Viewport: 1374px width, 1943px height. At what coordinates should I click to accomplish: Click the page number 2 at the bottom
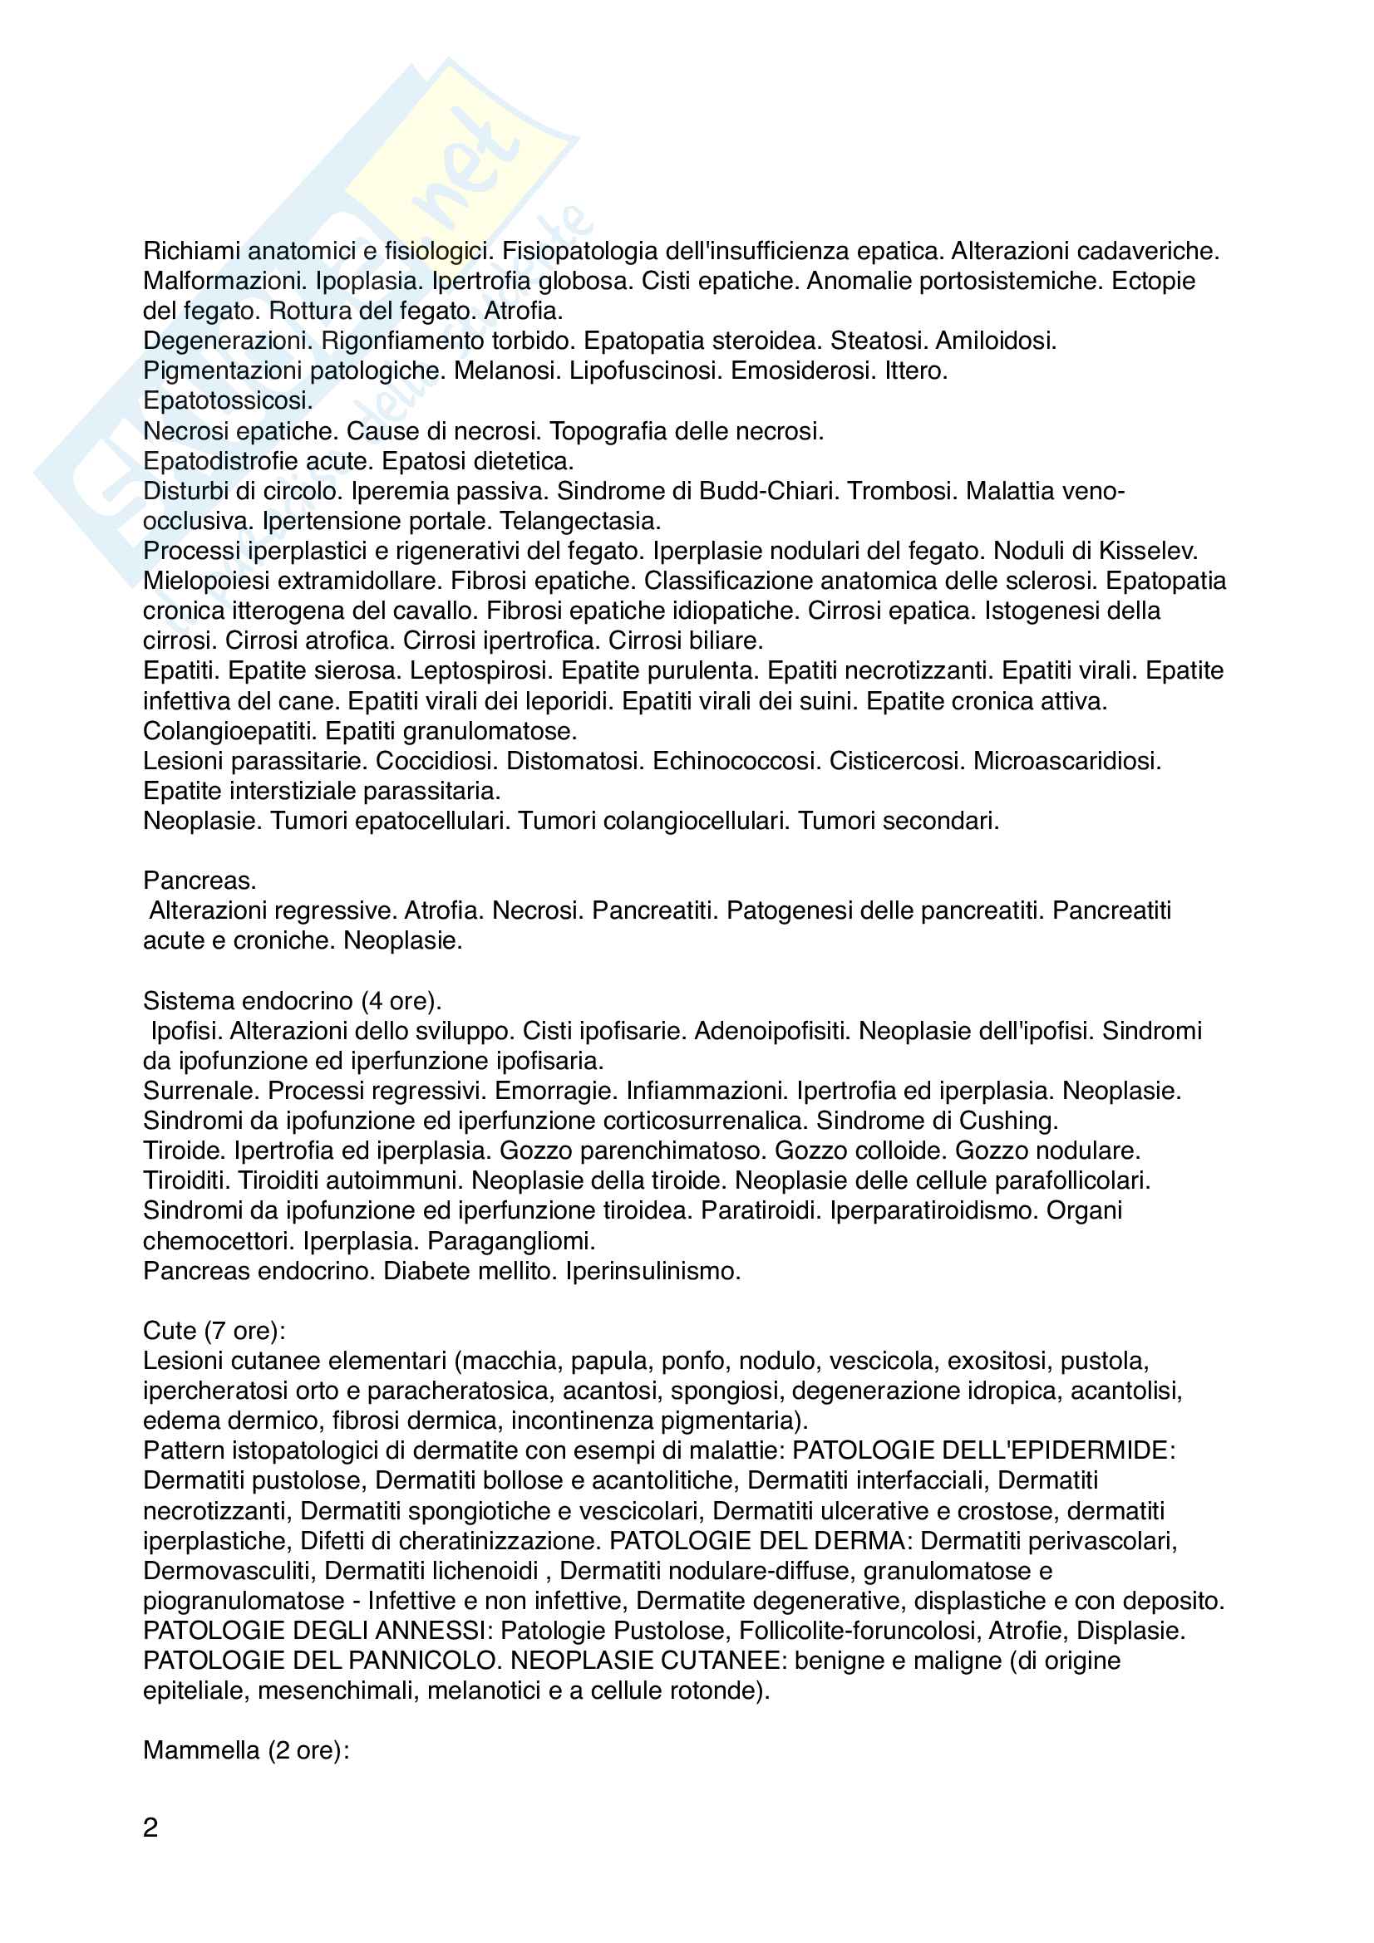pos(150,1828)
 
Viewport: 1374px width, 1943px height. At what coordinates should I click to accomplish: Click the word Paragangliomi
pos(511,1241)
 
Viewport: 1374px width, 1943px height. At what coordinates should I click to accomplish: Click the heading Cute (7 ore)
pos(214,1331)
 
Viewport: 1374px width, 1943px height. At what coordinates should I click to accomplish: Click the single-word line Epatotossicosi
pos(228,401)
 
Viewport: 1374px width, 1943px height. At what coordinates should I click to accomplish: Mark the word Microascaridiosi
pos(1066,762)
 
